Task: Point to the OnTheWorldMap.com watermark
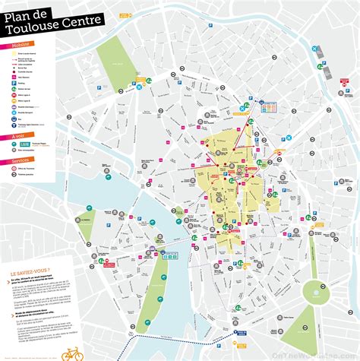[317, 354]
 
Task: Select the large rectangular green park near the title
[116, 64]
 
